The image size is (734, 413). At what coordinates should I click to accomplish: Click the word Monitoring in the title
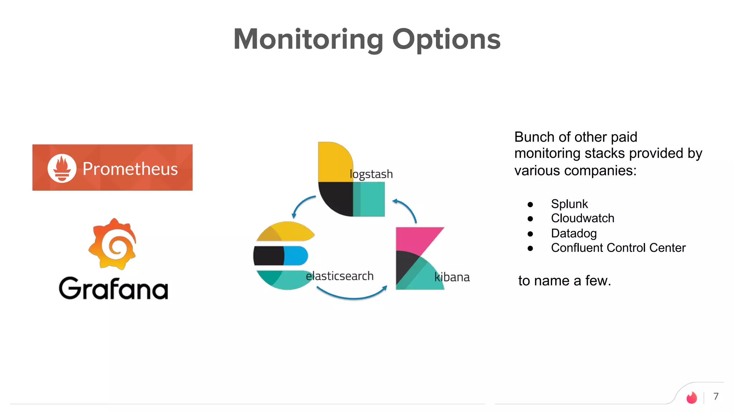pos(308,39)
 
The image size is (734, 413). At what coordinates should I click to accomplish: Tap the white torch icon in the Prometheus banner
pos(62,168)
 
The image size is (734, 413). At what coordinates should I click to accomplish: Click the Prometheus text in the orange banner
pos(130,168)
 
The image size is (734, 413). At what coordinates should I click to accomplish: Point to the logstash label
pos(371,174)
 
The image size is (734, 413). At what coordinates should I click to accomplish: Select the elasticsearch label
pos(339,276)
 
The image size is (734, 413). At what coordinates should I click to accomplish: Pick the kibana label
pos(452,277)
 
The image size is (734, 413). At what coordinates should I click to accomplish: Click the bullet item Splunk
pos(569,204)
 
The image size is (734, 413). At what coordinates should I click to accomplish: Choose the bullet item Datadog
pos(573,233)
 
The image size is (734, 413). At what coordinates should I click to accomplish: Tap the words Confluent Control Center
pos(618,248)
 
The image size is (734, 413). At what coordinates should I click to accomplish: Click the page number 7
pos(716,396)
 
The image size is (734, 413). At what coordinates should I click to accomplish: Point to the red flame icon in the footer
pos(691,398)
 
